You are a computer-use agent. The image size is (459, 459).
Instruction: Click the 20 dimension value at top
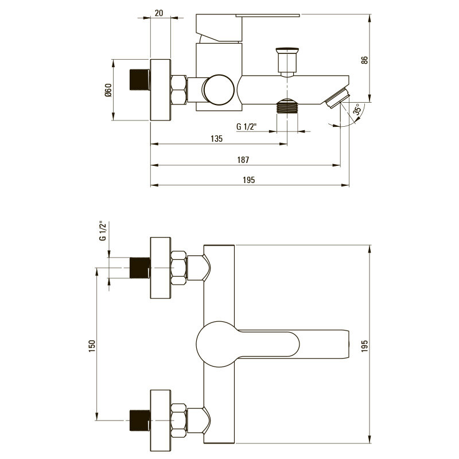point(159,13)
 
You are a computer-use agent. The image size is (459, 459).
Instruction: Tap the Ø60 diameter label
point(108,90)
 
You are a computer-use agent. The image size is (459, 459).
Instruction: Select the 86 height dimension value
point(364,60)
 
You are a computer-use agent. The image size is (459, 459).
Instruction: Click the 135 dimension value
point(217,139)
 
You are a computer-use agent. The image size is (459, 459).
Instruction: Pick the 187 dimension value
point(243,160)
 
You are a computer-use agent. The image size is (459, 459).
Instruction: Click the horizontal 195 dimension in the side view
point(249,180)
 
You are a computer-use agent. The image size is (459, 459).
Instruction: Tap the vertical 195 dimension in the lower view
point(364,346)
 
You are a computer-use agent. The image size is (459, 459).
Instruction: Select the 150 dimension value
point(92,346)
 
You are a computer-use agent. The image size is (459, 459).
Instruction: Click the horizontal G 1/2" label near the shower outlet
point(247,126)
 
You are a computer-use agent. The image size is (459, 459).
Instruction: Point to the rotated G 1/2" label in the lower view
point(103,231)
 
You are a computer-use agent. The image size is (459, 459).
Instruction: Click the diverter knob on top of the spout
point(287,62)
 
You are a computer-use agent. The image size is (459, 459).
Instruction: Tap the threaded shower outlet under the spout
point(287,106)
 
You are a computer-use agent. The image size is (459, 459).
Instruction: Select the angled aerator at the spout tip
point(338,98)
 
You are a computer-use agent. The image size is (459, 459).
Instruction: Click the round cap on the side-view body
point(219,90)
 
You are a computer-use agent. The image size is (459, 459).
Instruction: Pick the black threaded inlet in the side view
point(139,80)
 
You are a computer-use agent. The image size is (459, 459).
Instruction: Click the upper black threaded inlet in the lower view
point(140,267)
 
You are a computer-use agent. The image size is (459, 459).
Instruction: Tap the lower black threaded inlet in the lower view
point(140,421)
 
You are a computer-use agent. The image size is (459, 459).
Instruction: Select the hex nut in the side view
point(178,90)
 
